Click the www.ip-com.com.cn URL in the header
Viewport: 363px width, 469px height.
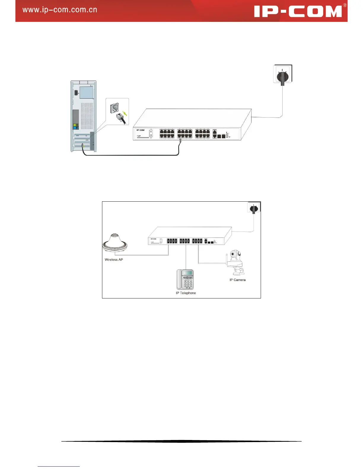pos(60,10)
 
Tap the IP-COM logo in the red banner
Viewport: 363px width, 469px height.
pos(298,12)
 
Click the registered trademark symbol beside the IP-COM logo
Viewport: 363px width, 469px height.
pos(345,5)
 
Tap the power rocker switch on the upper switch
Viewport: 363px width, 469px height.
pos(151,133)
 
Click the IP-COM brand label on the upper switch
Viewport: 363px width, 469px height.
pos(141,130)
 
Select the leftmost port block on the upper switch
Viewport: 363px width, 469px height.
pos(167,134)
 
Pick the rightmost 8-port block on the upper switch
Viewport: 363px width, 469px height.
pos(202,134)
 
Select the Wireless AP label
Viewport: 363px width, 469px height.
pos(114,260)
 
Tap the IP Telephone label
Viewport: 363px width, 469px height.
pos(186,293)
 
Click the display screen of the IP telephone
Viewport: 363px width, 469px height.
pos(187,273)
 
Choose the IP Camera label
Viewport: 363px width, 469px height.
pos(237,280)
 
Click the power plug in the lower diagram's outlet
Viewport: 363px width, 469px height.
pos(254,209)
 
